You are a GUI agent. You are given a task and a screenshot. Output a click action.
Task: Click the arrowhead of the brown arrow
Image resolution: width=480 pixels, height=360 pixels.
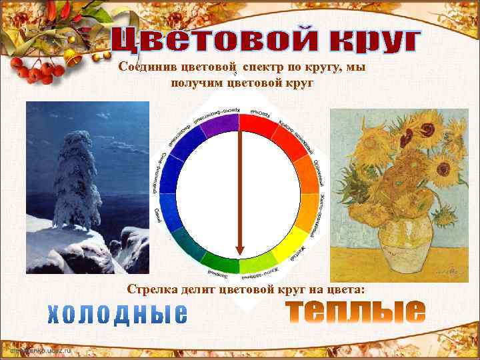[240, 250]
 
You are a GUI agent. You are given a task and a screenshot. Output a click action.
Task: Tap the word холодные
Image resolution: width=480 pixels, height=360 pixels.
[117, 314]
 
